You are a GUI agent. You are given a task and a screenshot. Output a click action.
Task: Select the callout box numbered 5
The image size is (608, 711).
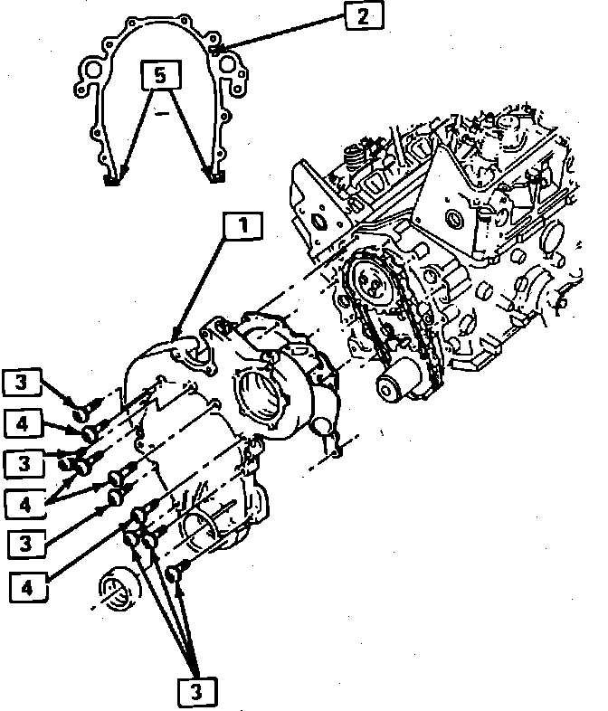[x=160, y=75]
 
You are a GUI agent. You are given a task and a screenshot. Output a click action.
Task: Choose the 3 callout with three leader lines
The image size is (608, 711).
[x=196, y=691]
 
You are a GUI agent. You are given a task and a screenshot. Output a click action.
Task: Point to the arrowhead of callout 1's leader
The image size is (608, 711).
[x=176, y=336]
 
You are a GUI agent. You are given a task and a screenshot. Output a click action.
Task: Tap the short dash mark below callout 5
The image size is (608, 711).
[x=161, y=115]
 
